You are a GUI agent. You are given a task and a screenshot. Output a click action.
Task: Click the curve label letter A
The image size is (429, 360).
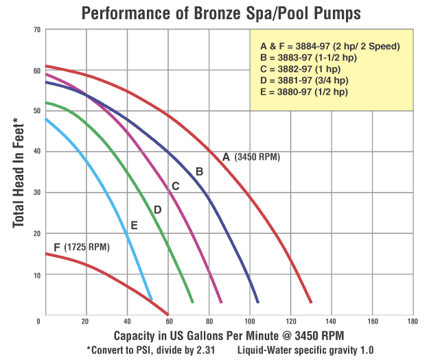[x=226, y=156]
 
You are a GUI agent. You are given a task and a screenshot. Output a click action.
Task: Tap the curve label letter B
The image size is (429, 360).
[x=199, y=171]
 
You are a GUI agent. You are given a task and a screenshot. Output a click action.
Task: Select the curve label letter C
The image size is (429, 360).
[x=175, y=186]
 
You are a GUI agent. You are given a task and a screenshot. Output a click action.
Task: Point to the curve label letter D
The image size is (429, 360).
[x=157, y=209]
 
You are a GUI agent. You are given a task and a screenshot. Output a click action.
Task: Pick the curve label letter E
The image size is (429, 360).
[x=134, y=224]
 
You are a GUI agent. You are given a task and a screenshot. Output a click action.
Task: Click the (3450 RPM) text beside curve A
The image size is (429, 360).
[x=257, y=157]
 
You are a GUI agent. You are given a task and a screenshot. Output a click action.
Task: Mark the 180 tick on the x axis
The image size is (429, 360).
[x=413, y=321]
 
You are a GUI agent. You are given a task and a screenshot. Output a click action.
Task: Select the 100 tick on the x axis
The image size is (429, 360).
[x=250, y=321]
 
